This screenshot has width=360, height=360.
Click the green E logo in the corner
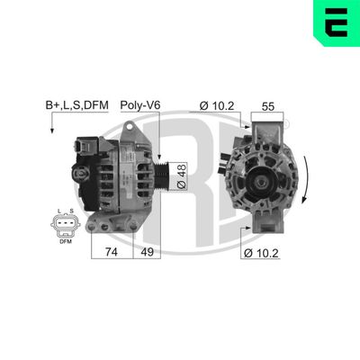click(x=334, y=26)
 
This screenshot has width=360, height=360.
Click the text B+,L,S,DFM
click(x=76, y=105)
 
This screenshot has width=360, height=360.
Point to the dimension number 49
click(x=147, y=253)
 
